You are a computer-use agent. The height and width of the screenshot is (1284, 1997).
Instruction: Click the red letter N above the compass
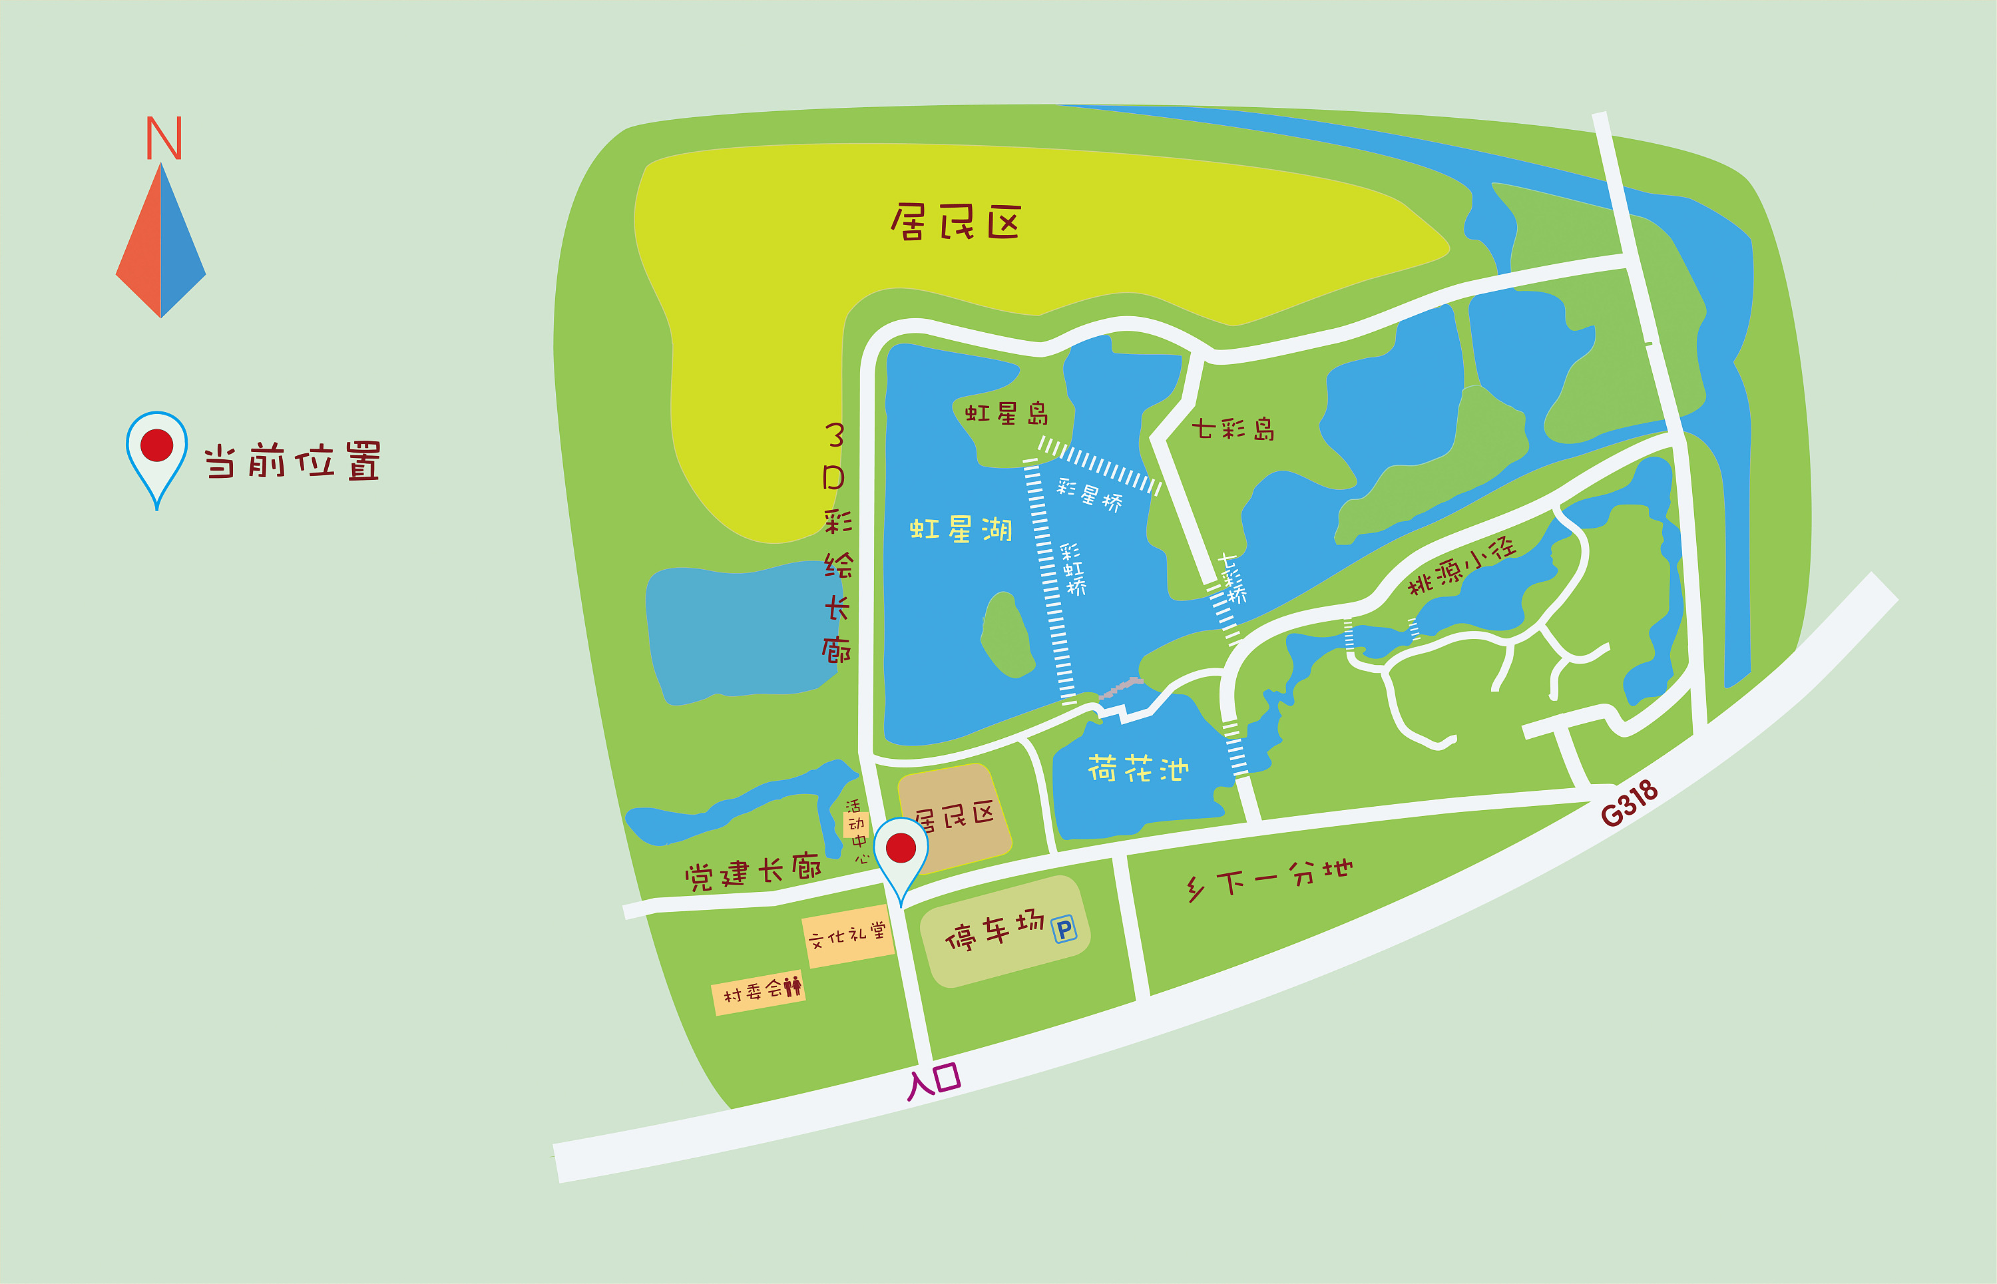pos(164,138)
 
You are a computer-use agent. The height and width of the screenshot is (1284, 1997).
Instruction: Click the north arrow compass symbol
pos(161,241)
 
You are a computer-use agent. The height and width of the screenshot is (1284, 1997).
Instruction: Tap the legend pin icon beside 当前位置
pos(156,457)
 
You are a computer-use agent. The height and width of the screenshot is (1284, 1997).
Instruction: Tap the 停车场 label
pos(994,931)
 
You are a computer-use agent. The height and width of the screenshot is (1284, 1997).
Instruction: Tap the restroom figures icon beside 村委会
pos(792,986)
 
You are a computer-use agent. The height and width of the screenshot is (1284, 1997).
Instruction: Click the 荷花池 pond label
pos(1138,769)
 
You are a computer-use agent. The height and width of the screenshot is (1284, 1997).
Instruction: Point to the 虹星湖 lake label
pos(961,529)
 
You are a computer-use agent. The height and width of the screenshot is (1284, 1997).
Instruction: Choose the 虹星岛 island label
pos(1006,413)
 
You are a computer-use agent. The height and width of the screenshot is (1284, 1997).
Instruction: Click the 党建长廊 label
pos(753,871)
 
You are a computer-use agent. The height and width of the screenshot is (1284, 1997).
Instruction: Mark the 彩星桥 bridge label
pos(1089,495)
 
